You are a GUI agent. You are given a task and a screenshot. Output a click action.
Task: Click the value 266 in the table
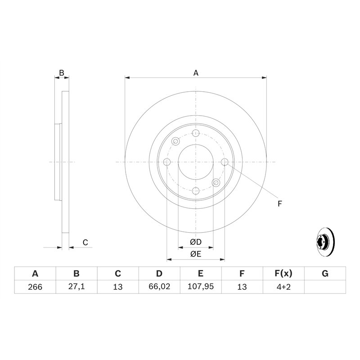pyautogui.click(x=35, y=287)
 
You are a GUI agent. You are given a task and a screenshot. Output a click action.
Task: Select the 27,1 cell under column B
pyautogui.click(x=76, y=287)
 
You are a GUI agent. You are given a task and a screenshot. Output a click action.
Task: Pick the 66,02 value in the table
pyautogui.click(x=159, y=287)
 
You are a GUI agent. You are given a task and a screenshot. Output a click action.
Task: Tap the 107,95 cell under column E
pyautogui.click(x=200, y=287)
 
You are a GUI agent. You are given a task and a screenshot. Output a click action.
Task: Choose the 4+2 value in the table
pyautogui.click(x=283, y=287)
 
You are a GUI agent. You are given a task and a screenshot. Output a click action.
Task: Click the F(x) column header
pyautogui.click(x=283, y=274)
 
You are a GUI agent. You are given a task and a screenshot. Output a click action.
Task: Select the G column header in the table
pyautogui.click(x=325, y=274)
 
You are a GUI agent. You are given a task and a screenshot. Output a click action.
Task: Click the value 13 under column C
pyautogui.click(x=117, y=287)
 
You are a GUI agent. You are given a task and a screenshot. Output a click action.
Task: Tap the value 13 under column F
pyautogui.click(x=242, y=287)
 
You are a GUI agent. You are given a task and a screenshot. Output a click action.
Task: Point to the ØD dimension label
pyautogui.click(x=195, y=242)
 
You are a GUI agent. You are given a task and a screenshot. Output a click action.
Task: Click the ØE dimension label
pyautogui.click(x=195, y=254)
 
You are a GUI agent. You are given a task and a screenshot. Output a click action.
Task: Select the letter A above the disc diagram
pyautogui.click(x=196, y=73)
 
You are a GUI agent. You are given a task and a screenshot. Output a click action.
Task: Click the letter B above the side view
pyautogui.click(x=62, y=73)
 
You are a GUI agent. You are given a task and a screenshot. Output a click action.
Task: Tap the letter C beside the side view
pyautogui.click(x=85, y=243)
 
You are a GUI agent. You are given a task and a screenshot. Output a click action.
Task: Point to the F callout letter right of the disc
pyautogui.click(x=279, y=204)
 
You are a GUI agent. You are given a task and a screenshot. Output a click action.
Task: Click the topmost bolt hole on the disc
pyautogui.click(x=195, y=133)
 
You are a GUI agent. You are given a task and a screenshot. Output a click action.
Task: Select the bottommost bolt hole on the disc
pyautogui.click(x=195, y=191)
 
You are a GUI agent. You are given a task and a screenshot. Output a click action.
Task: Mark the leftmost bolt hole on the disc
pyautogui.click(x=167, y=162)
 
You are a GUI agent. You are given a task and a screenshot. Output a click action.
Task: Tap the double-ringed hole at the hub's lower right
pyautogui.click(x=216, y=182)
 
